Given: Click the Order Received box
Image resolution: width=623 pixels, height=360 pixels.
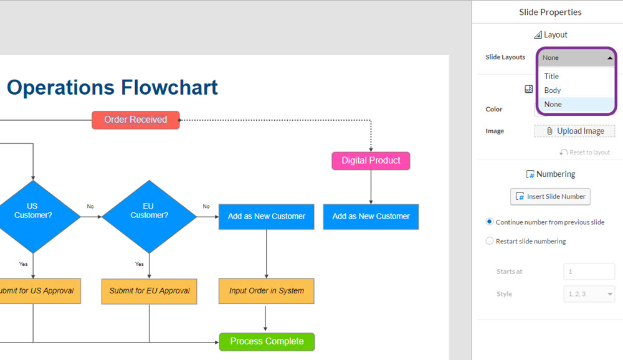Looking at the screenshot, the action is (x=135, y=120).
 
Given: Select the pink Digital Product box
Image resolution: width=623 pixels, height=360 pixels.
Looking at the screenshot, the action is (x=371, y=161).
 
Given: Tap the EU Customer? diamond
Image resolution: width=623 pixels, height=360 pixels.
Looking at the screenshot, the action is (x=150, y=217).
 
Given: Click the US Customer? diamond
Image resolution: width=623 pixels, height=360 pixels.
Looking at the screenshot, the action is (x=34, y=217).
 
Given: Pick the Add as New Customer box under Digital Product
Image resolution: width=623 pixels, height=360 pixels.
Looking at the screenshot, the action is (x=371, y=217).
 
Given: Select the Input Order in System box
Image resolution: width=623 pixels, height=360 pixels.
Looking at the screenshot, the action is (x=266, y=291).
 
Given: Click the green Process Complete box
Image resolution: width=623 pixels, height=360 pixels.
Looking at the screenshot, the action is (x=267, y=342).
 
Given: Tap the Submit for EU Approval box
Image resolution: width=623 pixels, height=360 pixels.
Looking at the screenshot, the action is (x=150, y=291).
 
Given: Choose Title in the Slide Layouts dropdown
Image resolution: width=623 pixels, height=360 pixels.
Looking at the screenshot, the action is (x=551, y=76).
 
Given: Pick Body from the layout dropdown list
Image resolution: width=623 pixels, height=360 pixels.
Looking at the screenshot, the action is (x=552, y=90).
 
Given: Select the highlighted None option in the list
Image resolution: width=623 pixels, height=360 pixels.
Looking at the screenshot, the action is (x=553, y=105).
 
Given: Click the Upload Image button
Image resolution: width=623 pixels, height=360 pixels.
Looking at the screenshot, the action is (x=574, y=131).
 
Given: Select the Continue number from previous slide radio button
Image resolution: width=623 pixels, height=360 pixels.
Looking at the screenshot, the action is (x=490, y=222).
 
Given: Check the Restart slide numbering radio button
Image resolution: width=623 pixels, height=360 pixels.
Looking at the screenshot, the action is (x=490, y=241).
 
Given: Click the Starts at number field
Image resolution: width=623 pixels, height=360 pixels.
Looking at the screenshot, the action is (x=589, y=272).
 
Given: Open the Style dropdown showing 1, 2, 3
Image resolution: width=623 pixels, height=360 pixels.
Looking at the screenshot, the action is (x=589, y=294).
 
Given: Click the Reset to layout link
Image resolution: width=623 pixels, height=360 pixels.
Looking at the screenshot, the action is (x=585, y=152).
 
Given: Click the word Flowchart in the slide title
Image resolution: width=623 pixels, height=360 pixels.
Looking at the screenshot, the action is (x=169, y=87).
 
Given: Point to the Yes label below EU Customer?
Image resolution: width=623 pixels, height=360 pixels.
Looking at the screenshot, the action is (x=140, y=264).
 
